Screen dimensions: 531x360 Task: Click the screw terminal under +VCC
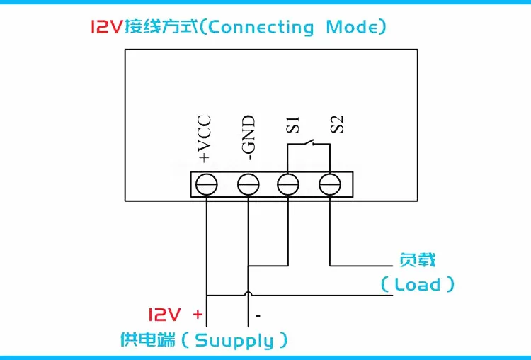pos(207,184)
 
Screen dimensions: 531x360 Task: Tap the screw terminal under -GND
pos(249,184)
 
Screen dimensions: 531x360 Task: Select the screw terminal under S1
pos(288,184)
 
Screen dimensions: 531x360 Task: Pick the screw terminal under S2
pos(330,184)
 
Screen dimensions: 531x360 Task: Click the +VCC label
pos(205,139)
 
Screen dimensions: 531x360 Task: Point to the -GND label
pos(249,138)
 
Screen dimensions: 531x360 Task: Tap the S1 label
pos(293,125)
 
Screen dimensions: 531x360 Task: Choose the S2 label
pos(337,125)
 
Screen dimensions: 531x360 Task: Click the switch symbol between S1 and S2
pos(309,143)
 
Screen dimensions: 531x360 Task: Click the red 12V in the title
pos(106,27)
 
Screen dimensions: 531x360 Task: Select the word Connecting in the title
pos(261,27)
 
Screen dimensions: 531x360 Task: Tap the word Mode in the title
pos(352,27)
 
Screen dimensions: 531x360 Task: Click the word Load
pos(418,284)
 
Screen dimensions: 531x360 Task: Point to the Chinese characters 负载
pos(417,260)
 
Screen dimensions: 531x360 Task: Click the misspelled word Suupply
pos(234,341)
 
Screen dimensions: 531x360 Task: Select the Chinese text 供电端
pos(148,339)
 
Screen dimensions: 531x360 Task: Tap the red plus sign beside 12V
pos(198,315)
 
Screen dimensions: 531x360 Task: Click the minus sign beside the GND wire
pos(258,316)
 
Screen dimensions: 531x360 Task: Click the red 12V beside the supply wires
pos(164,315)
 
